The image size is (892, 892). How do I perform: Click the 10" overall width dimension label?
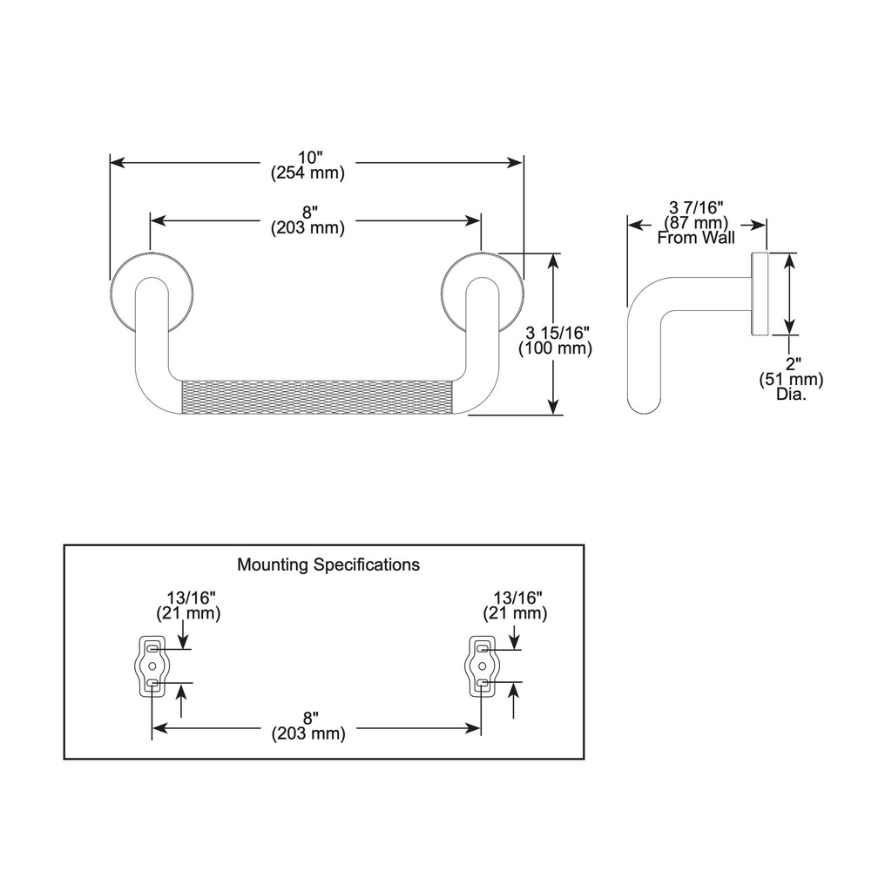pos(310,157)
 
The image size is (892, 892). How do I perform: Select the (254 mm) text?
pos(307,173)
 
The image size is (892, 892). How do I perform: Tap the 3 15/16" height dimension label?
pos(557,333)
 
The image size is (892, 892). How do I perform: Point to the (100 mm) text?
pos(555,348)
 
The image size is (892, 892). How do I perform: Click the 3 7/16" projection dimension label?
pos(696,207)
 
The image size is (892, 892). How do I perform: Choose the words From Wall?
pos(696,238)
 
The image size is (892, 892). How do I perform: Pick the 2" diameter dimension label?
pos(791,363)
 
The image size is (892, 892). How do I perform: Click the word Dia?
pos(791,394)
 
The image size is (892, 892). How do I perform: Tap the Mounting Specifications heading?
pos(328,564)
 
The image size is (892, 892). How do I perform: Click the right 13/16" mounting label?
pos(517,598)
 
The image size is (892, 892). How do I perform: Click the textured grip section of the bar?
pos(317,397)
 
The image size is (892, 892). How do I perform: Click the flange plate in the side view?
pos(760,294)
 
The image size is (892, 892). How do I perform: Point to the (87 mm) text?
pos(696,222)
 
